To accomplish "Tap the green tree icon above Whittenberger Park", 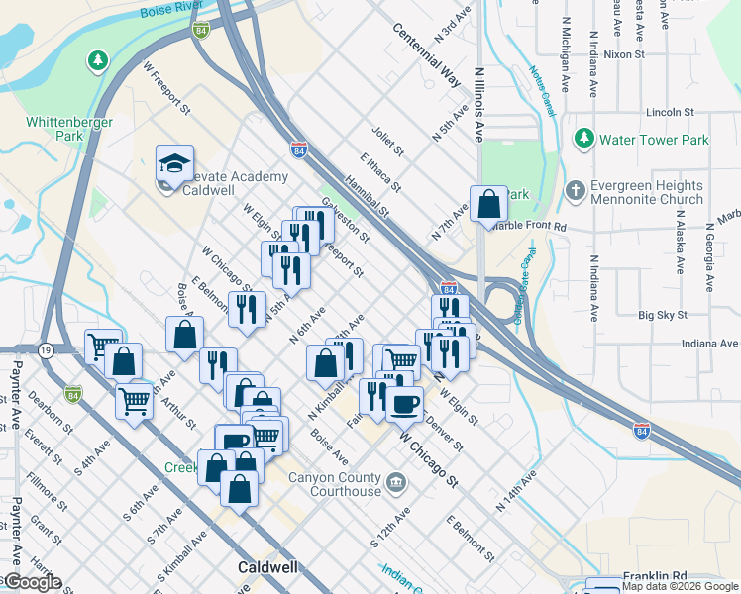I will pos(97,62).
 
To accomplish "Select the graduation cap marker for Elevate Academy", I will pos(174,164).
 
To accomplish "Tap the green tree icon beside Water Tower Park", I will pos(585,138).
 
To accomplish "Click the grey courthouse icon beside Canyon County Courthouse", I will pos(397,483).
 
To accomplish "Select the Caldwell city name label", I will pos(269,568).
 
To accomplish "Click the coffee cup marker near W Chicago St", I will pos(404,403).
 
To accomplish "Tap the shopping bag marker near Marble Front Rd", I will pos(488,204).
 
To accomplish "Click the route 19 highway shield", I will pos(47,350).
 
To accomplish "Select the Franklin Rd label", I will pos(655,575).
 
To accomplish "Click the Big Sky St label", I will pos(663,315).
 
